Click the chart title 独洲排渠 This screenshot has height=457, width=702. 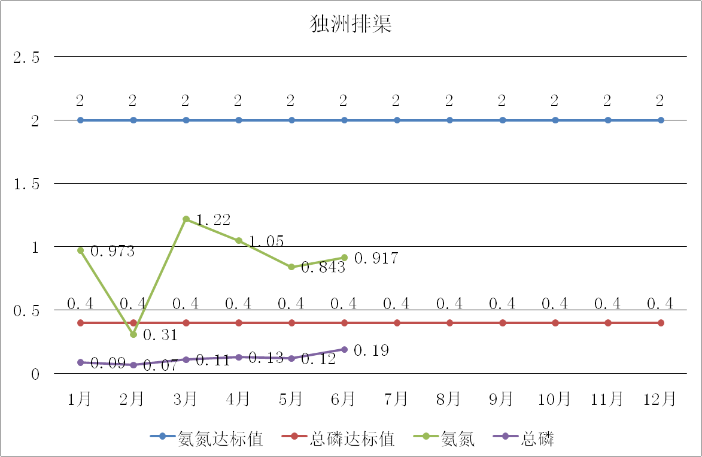[x=351, y=24]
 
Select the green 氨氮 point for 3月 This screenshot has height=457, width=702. [x=186, y=219]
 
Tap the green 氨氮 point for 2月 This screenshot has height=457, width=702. [x=133, y=334]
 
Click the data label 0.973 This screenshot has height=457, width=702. [x=113, y=252]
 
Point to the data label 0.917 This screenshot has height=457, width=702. [x=376, y=259]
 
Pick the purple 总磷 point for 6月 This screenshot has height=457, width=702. [x=345, y=349]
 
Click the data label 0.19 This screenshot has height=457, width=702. [x=371, y=350]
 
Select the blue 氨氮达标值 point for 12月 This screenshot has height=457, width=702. [x=661, y=120]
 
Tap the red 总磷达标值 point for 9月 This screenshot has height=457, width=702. [x=503, y=323]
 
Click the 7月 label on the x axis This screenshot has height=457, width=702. [x=396, y=399]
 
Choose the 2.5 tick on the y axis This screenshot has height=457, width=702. [x=26, y=57]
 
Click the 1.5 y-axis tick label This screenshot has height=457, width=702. [x=26, y=184]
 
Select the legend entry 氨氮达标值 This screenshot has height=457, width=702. [x=221, y=439]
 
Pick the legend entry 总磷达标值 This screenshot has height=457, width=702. [x=352, y=439]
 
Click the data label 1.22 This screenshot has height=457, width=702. [x=214, y=220]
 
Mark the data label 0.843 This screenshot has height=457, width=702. [x=323, y=268]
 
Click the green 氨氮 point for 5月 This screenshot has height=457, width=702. [x=291, y=267]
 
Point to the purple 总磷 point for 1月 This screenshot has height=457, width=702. [x=80, y=362]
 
